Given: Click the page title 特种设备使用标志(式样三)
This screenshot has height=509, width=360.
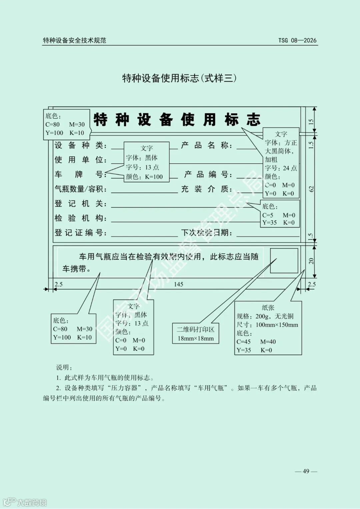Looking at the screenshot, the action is [x=179, y=78].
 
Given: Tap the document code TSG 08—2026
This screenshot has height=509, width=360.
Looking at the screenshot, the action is [x=297, y=40].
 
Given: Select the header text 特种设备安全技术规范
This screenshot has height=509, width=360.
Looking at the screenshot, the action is [x=74, y=40].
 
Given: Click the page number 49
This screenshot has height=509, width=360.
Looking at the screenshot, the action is [x=306, y=471].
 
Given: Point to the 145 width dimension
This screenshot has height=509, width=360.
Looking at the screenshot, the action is [x=178, y=284].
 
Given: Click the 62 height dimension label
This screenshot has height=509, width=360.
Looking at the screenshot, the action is [x=311, y=189].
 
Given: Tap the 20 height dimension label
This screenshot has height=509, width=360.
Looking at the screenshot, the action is [x=311, y=261].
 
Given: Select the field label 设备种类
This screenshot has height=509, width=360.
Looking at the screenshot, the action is [x=80, y=145].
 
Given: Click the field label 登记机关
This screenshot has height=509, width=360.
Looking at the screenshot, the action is [x=80, y=204].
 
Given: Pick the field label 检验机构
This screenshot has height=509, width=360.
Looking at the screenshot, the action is [x=80, y=218].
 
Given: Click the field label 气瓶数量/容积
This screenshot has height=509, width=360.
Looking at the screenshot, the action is [x=80, y=189].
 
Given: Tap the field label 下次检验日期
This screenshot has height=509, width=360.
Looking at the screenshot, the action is [x=206, y=233].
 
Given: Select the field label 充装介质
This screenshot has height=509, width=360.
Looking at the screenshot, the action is [x=206, y=189].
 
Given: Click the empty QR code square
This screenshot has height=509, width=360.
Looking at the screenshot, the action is [x=284, y=260].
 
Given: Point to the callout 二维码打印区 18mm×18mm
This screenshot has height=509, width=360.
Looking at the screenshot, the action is [x=196, y=334].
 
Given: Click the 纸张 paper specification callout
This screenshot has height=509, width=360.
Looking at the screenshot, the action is [x=268, y=328].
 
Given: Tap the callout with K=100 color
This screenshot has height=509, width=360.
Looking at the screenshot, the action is [x=146, y=162].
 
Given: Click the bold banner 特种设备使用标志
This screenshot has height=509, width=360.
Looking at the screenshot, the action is [x=177, y=120].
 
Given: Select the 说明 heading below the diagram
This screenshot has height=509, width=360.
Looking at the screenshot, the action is [x=64, y=367].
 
